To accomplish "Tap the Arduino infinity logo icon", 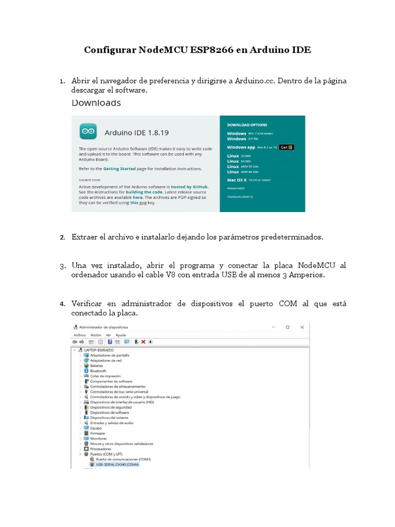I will (88, 132).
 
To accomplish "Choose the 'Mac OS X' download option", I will (238, 180).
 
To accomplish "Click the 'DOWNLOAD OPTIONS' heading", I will (246, 125).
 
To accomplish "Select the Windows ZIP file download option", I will (237, 138).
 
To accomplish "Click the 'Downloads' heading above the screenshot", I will (96, 103).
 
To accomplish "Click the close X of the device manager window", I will (302, 327).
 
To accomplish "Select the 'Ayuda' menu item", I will (120, 335).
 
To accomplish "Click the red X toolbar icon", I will (143, 341).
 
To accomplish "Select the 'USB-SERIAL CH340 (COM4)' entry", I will (114, 464).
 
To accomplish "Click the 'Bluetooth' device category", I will (98, 371).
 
